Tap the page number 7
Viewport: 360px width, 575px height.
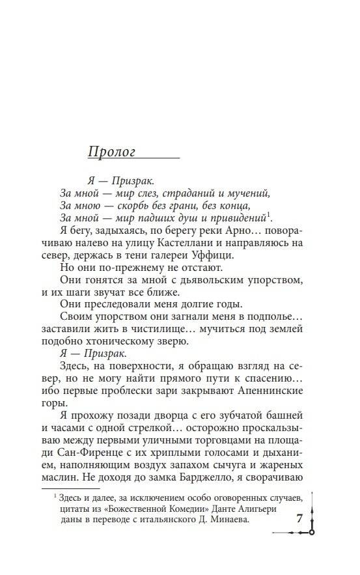299,519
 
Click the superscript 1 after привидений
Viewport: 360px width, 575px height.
269,215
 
